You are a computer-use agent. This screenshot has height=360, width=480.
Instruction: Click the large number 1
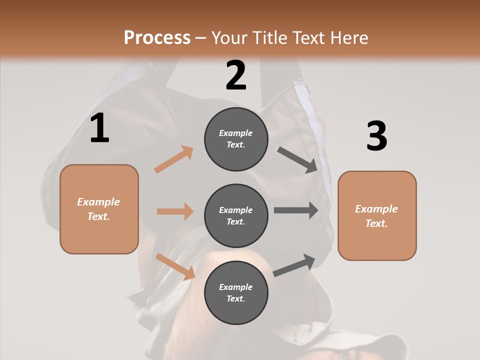(x=99, y=128)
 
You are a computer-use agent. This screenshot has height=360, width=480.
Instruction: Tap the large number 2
(x=236, y=75)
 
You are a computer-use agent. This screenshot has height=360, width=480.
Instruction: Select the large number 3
(x=376, y=136)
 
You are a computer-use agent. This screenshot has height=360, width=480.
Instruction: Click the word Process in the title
(x=157, y=37)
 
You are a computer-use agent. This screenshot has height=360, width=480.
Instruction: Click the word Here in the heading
(x=349, y=37)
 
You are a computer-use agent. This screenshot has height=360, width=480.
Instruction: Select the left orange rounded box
(x=99, y=209)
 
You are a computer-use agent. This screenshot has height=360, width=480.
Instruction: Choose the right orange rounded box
(x=377, y=215)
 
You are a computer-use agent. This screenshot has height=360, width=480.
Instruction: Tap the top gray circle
(x=236, y=139)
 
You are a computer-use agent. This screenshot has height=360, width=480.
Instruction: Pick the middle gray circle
(x=236, y=215)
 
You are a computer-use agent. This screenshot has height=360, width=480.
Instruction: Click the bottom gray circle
(x=236, y=292)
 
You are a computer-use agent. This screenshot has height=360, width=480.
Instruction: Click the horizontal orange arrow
(x=175, y=211)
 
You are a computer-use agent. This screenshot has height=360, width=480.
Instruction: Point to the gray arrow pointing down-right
(x=297, y=160)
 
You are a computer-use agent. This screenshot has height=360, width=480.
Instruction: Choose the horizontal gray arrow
(x=296, y=210)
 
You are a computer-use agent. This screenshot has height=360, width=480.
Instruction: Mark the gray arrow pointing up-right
(x=294, y=265)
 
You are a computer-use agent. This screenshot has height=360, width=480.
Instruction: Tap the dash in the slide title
(x=201, y=38)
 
